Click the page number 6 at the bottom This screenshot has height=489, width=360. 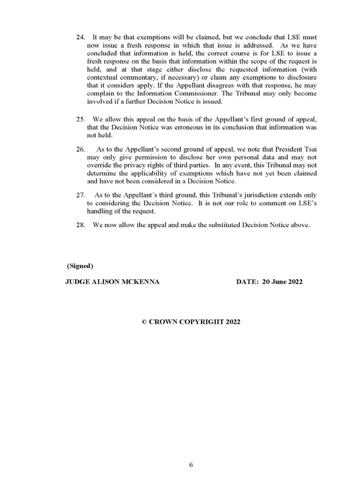point(191,465)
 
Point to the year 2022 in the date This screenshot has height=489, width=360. point(294,282)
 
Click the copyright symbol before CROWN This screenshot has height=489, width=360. point(144,322)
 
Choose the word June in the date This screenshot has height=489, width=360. point(276,282)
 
